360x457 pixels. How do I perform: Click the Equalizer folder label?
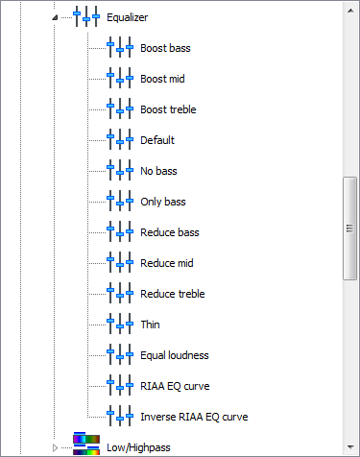(127, 17)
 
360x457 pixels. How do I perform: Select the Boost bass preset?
(165, 48)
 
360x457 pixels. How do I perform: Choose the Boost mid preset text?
(162, 79)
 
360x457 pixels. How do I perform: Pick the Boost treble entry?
(168, 109)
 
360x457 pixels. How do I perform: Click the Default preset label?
(157, 140)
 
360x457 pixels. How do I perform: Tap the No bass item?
(158, 171)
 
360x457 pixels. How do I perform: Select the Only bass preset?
(163, 202)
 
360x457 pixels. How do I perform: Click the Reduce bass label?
(170, 232)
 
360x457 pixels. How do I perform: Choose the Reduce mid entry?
(167, 263)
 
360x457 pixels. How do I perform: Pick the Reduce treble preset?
(173, 294)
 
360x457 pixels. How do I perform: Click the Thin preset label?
(150, 325)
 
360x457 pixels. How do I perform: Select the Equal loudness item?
(175, 355)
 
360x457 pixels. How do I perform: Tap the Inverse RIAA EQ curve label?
(194, 417)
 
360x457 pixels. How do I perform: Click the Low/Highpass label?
(138, 447)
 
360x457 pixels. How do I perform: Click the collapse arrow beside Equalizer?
(55, 17)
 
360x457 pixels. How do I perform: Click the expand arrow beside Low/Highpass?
(55, 447)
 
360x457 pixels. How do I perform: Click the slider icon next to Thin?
(120, 325)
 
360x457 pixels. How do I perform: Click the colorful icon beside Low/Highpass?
(86, 444)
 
